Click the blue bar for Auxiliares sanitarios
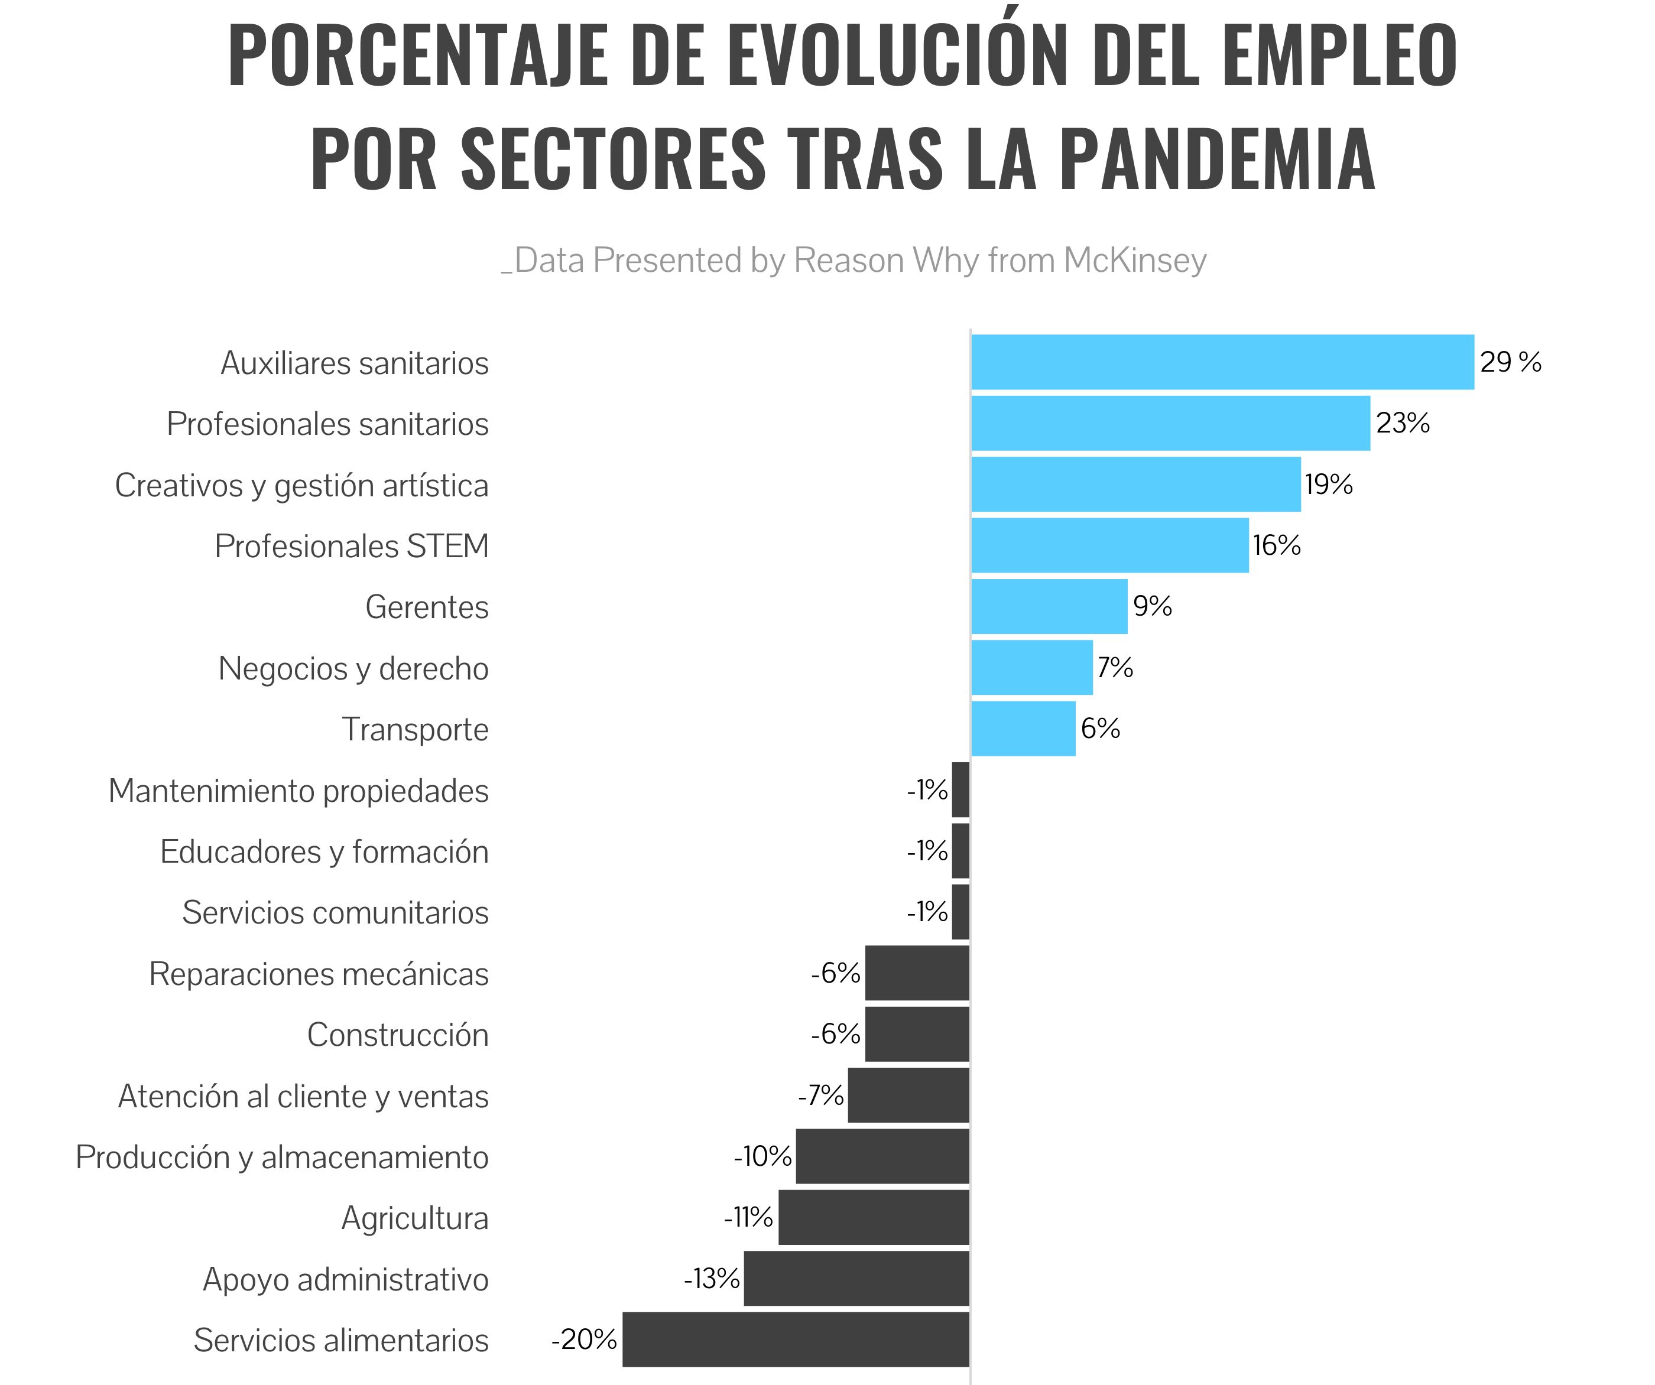pyautogui.click(x=1222, y=362)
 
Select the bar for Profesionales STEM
pyautogui.click(x=1109, y=545)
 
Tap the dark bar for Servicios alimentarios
pyautogui.click(x=796, y=1340)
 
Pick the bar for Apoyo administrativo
pyautogui.click(x=856, y=1279)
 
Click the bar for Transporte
pyautogui.click(x=1023, y=729)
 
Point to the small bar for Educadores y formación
pyautogui.click(x=960, y=851)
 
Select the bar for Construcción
pyautogui.click(x=917, y=1035)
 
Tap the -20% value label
pyautogui.click(x=584, y=1340)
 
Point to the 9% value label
pyautogui.click(x=1152, y=606)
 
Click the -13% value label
pyautogui.click(x=712, y=1279)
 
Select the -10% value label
pyautogui.click(x=762, y=1156)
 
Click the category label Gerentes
pyautogui.click(x=426, y=607)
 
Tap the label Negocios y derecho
pyautogui.click(x=353, y=669)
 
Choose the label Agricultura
pyautogui.click(x=414, y=1218)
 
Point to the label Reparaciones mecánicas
pyautogui.click(x=319, y=974)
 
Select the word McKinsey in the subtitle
pyautogui.click(x=1134, y=261)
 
